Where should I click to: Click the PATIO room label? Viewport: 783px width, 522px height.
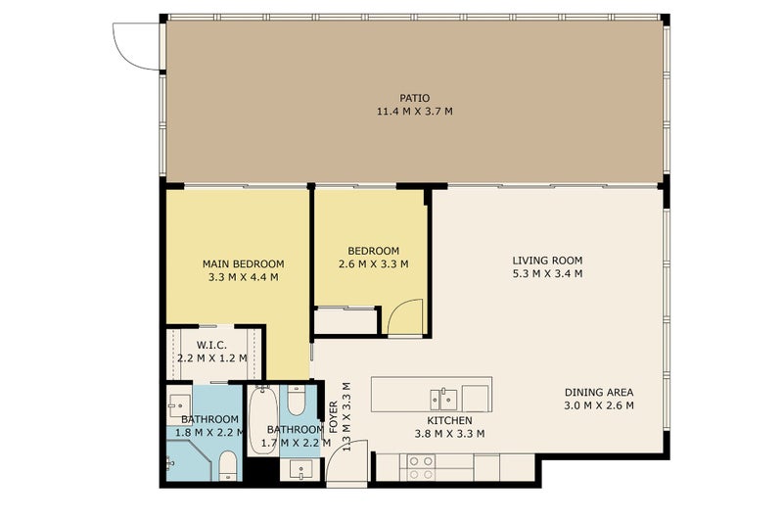click(x=414, y=98)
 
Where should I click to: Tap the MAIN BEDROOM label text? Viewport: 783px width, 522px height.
click(x=243, y=263)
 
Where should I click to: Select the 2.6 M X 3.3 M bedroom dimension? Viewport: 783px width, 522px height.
click(x=374, y=263)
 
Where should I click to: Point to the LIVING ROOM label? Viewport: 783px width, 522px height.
click(x=547, y=261)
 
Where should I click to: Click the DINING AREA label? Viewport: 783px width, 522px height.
click(x=599, y=392)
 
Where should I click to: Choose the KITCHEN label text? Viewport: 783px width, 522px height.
click(x=449, y=420)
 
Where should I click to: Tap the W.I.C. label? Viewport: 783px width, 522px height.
click(x=211, y=345)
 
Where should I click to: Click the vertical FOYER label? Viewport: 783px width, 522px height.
click(x=334, y=417)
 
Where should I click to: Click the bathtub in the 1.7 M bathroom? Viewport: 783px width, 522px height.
click(x=262, y=419)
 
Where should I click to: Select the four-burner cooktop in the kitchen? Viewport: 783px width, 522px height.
click(x=421, y=467)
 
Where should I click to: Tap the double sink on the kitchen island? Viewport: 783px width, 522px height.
click(x=443, y=400)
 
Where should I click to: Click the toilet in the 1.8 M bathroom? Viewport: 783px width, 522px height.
click(x=228, y=465)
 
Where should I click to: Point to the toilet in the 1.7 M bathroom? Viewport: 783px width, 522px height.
click(x=297, y=401)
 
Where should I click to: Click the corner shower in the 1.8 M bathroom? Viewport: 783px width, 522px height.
click(x=189, y=460)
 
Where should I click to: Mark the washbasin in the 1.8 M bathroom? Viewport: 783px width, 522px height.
click(x=179, y=404)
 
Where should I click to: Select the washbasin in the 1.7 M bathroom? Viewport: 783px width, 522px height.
click(x=300, y=469)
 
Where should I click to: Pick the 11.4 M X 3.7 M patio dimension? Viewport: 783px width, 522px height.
click(x=414, y=112)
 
